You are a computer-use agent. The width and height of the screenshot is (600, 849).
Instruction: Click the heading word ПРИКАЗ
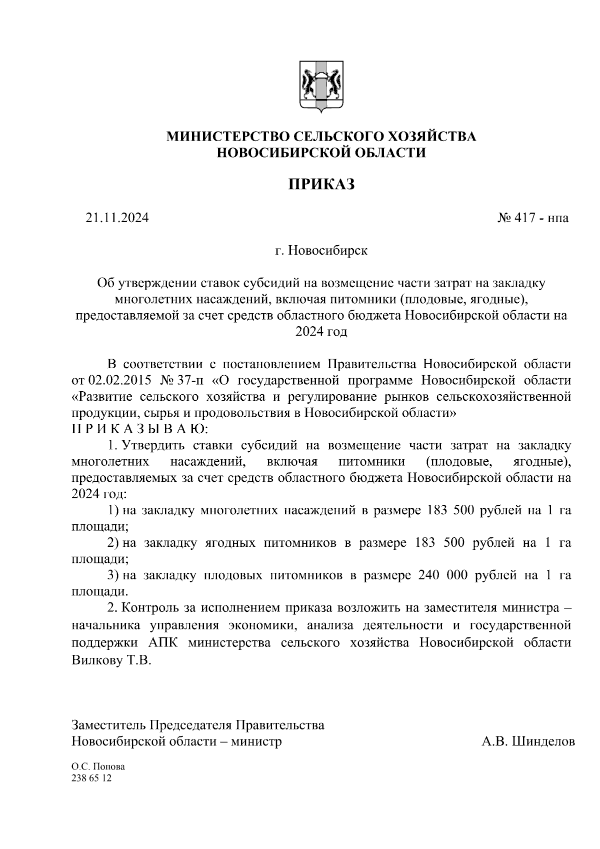321,184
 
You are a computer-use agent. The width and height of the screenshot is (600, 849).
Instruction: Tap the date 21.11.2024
117,218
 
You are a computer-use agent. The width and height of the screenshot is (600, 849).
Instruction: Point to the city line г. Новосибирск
321,250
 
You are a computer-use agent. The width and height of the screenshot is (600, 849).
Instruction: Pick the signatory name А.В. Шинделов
528,741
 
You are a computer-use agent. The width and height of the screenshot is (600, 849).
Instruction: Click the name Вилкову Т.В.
111,660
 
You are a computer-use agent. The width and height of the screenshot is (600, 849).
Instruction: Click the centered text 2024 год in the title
321,332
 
